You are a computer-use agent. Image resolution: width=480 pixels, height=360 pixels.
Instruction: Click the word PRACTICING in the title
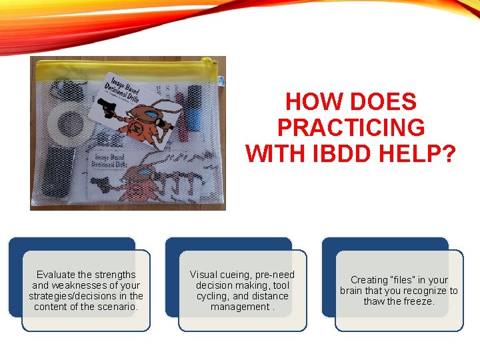(x=351, y=127)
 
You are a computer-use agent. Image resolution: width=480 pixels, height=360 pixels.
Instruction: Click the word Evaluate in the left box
(x=57, y=275)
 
